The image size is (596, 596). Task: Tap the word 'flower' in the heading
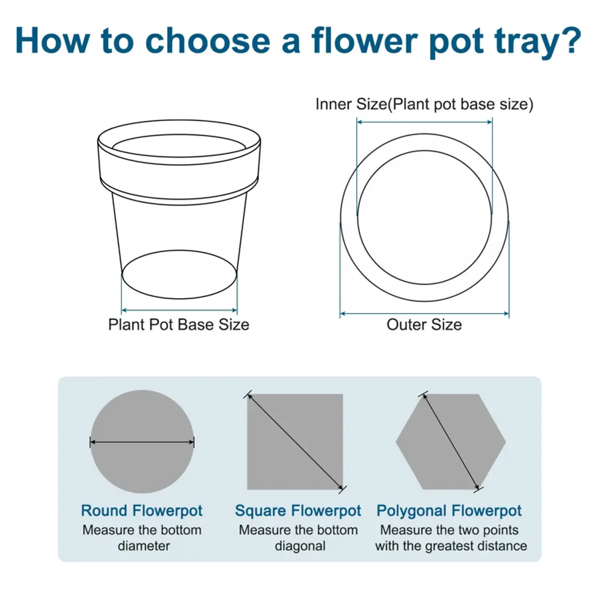tap(364, 40)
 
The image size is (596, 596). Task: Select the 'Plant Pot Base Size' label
tap(179, 325)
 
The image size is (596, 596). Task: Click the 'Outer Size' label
tap(424, 325)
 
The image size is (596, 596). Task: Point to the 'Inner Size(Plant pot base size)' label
tap(424, 104)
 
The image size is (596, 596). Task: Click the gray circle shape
tap(142, 442)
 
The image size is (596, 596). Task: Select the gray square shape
tap(295, 442)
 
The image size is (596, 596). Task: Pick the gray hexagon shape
tap(451, 442)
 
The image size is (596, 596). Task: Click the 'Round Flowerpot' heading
tap(142, 510)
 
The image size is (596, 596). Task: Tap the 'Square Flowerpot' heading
tap(298, 510)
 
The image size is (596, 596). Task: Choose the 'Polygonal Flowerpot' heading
tap(449, 510)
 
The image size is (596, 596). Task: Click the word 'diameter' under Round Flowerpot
tap(144, 546)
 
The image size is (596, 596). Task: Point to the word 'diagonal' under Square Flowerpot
tap(300, 546)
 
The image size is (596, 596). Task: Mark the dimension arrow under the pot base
tap(179, 310)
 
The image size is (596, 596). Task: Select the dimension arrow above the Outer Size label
tap(424, 314)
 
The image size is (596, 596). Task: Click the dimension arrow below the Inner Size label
tap(424, 122)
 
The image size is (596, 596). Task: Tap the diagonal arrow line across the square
tap(295, 442)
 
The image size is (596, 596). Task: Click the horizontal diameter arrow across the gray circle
tap(142, 442)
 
